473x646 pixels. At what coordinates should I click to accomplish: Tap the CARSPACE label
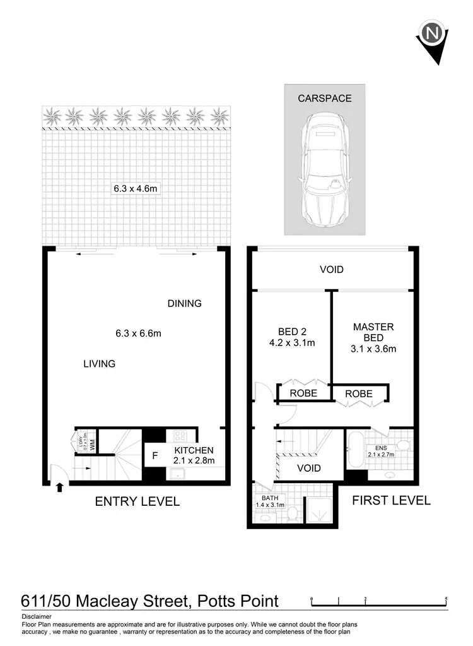point(325,99)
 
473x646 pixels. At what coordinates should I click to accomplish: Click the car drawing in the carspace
point(325,170)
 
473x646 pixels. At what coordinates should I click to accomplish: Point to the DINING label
point(184,304)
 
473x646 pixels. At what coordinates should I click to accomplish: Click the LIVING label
point(100,364)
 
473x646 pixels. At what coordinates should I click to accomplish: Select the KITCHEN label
point(194,450)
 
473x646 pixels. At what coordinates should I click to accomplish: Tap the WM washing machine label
point(91,445)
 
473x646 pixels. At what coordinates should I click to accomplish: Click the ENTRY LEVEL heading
point(137,502)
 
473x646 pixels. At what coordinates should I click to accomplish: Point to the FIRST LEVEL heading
point(391,501)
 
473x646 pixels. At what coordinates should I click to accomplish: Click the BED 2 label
point(292,332)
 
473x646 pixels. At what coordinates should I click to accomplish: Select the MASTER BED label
point(373,332)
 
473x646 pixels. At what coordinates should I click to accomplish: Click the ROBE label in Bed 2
point(303,393)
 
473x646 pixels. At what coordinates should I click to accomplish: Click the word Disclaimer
point(37,616)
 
